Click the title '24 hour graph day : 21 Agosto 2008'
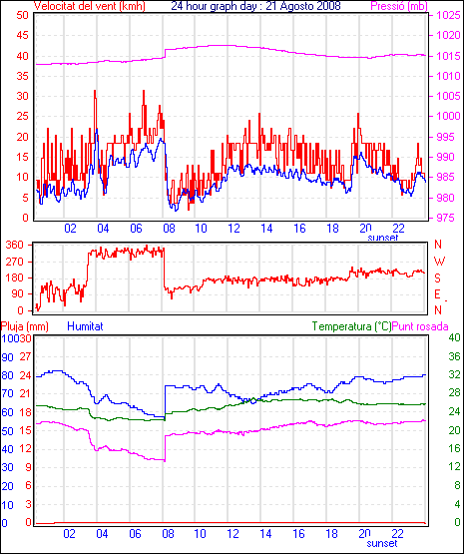(255, 6)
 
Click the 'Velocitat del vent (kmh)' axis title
(89, 6)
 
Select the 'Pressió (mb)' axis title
(399, 6)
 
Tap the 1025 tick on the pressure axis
(448, 15)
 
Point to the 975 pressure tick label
(448, 218)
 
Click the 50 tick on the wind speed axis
(22, 15)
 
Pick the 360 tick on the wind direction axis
(15, 245)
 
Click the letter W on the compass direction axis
(439, 262)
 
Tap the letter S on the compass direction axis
(437, 278)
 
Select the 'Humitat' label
(85, 326)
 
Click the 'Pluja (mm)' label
(24, 326)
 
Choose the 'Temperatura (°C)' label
(352, 326)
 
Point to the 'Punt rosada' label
(420, 326)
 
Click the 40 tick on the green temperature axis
(454, 337)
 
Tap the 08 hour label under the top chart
(169, 229)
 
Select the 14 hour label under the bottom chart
(265, 533)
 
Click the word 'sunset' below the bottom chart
(382, 543)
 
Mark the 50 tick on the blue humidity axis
(7, 431)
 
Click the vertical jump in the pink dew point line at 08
(165, 448)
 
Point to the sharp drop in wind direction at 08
(165, 268)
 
